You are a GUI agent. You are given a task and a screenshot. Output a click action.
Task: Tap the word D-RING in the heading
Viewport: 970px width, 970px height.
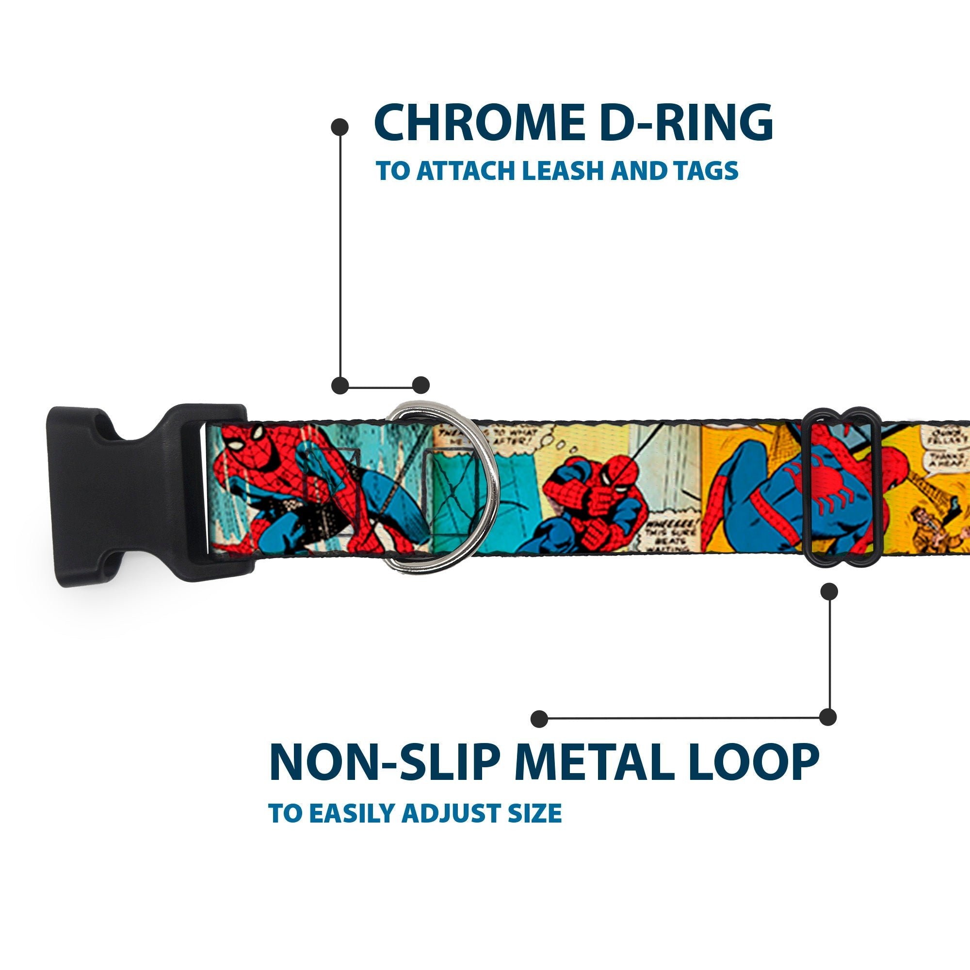pyautogui.click(x=686, y=123)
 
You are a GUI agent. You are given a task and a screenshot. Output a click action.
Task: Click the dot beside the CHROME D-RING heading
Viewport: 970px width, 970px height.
pyautogui.click(x=340, y=127)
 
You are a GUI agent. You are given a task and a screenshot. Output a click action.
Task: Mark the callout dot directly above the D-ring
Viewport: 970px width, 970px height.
pyautogui.click(x=420, y=386)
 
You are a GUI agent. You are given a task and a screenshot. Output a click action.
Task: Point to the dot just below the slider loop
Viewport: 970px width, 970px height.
pyautogui.click(x=829, y=591)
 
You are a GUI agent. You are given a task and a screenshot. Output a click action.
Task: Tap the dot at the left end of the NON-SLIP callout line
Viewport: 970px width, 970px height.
pyautogui.click(x=539, y=718)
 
